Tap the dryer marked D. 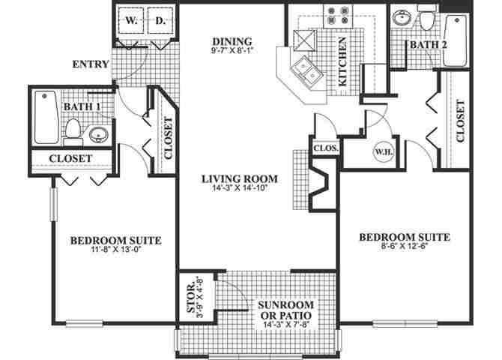[x=160, y=22]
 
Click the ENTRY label [x=91, y=64]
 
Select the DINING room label [x=233, y=41]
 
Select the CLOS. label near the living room [x=327, y=148]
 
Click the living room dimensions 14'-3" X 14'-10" [x=240, y=188]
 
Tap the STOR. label [x=190, y=298]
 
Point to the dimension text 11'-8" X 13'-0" [x=116, y=250]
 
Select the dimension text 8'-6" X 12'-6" [x=405, y=247]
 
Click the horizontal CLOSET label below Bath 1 [x=70, y=159]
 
